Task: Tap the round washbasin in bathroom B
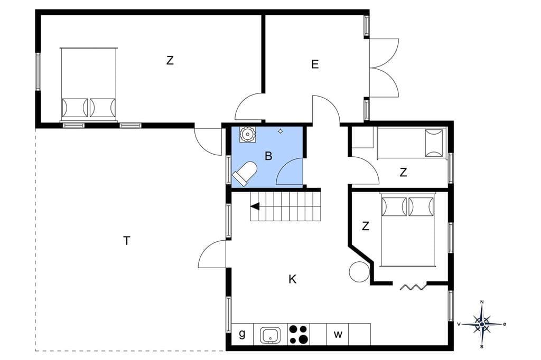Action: tap(247, 134)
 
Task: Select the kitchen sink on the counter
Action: tap(270, 335)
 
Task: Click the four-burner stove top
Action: tap(299, 335)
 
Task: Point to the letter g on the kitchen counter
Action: tap(242, 334)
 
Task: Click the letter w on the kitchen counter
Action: tap(338, 334)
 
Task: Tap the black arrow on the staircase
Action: tap(255, 206)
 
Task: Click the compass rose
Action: tap(482, 324)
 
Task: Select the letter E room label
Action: tap(315, 64)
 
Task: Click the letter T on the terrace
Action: tap(127, 240)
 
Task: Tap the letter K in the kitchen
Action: tap(292, 279)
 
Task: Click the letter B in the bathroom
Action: tap(268, 156)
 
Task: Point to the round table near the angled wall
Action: tap(359, 272)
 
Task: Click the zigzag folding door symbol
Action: tap(413, 287)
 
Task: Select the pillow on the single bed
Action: tap(434, 143)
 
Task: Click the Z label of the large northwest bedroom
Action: tap(170, 60)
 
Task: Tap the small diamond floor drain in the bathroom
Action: tap(281, 131)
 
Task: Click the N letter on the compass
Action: tap(482, 302)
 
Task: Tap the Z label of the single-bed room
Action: tap(403, 172)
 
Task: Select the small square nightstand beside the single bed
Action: tap(362, 137)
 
